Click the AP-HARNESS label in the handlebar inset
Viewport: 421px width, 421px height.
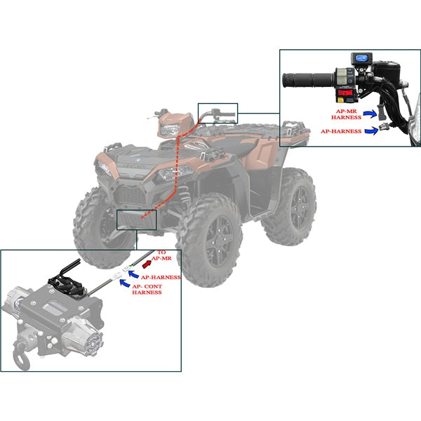tap(342, 131)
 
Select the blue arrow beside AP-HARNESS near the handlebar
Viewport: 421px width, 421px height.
tap(375, 129)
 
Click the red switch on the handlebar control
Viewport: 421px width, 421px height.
tap(346, 93)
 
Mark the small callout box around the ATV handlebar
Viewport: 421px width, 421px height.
tap(218, 112)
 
